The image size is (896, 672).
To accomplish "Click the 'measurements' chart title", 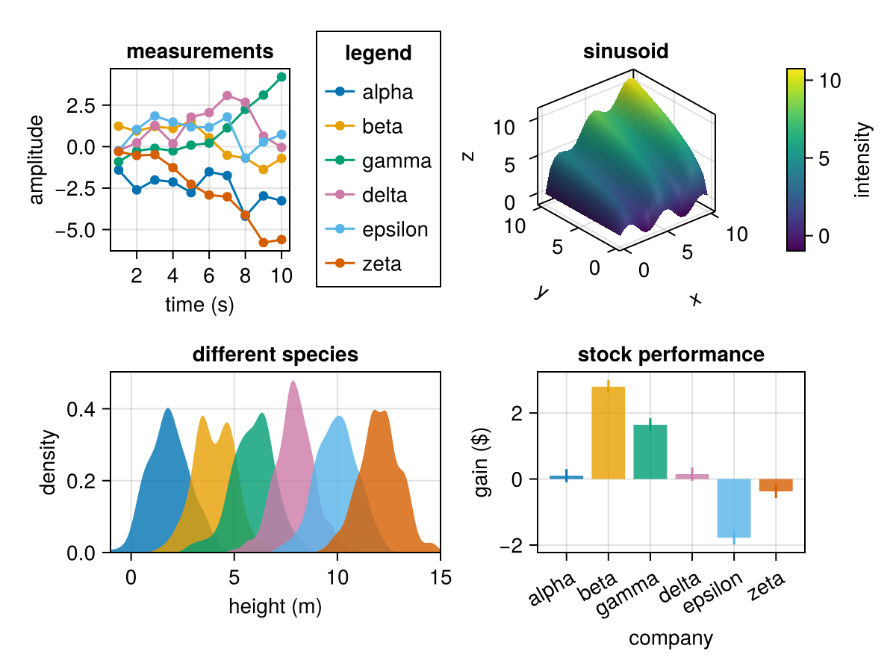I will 199,52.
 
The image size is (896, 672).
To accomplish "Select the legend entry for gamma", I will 379,161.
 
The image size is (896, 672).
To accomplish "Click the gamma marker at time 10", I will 281,77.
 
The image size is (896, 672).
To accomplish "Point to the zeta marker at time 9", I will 264,242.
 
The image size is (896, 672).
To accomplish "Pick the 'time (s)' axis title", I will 199,305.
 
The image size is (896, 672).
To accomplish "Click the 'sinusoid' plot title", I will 625,52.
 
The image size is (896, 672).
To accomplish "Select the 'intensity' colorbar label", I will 864,161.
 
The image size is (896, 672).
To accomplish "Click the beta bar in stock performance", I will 609,433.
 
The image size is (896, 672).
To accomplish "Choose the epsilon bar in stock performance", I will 734,508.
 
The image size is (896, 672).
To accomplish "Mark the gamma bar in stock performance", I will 650,452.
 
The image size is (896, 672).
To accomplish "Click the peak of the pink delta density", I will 293,382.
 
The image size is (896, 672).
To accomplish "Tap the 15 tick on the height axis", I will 441,577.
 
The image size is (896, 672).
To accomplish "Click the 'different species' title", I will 275,355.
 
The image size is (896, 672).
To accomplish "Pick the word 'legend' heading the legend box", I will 378,53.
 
